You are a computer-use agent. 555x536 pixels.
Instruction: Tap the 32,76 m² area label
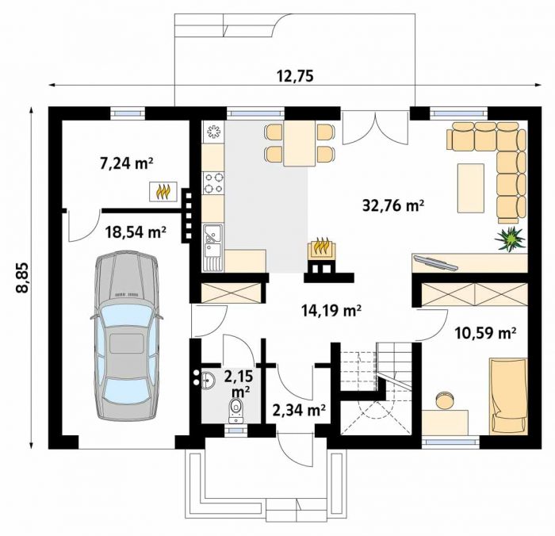(x=393, y=205)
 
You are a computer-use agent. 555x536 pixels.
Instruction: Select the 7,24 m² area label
(x=126, y=163)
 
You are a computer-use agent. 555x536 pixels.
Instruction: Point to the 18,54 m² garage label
(x=136, y=232)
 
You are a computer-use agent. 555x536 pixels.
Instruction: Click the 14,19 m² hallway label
(x=331, y=310)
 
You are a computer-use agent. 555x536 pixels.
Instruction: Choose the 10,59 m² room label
(x=485, y=333)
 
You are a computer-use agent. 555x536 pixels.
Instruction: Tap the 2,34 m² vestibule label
(x=299, y=410)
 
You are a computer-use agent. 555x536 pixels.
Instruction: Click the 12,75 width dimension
(x=295, y=76)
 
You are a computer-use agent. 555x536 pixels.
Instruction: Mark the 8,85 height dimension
(x=22, y=278)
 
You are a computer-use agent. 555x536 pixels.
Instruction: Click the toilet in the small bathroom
(x=235, y=410)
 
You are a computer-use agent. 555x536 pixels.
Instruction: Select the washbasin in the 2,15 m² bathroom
(x=208, y=381)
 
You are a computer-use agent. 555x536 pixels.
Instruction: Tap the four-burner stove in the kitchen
(x=213, y=183)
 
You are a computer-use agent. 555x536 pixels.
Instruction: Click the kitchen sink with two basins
(x=212, y=248)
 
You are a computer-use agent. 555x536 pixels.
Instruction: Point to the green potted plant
(x=511, y=239)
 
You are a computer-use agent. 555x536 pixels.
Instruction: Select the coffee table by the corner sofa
(x=471, y=189)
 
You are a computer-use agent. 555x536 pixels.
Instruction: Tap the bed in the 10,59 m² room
(x=508, y=396)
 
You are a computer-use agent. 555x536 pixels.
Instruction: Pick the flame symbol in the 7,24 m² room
(x=163, y=192)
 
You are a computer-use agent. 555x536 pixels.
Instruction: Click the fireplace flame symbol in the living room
(x=322, y=247)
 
